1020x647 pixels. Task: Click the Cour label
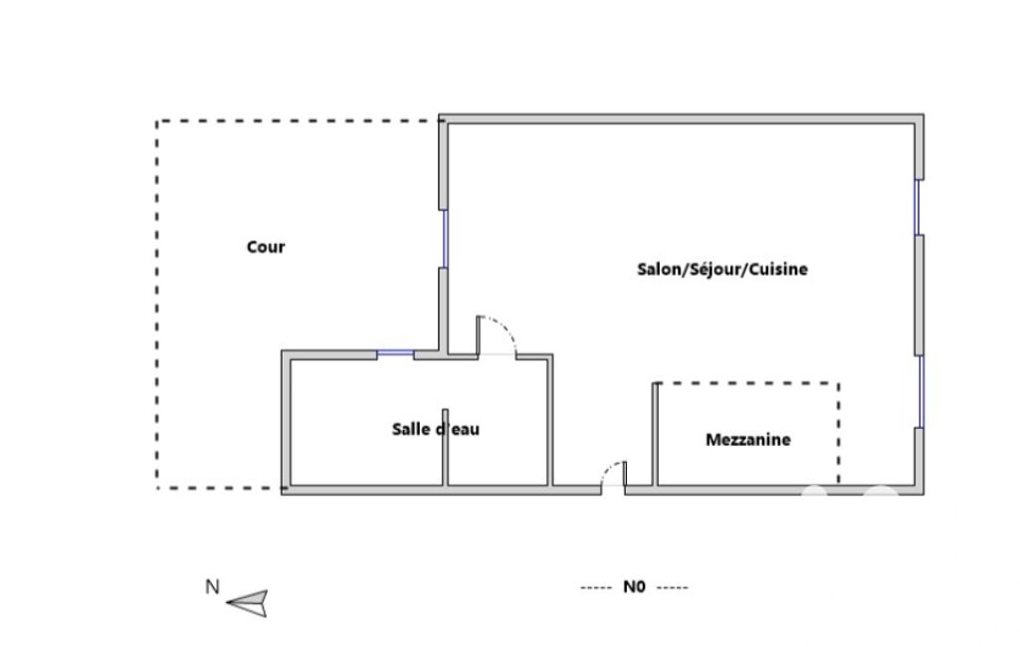pos(266,247)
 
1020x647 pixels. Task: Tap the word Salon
pos(658,269)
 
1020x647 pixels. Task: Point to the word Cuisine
pos(778,269)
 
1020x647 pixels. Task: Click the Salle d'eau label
pos(436,429)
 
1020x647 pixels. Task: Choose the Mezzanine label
pos(748,440)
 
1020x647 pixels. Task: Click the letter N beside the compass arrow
pos(212,587)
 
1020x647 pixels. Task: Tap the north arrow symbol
pos(247,603)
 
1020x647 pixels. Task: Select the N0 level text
pos(634,587)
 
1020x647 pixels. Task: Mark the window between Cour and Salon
pos(445,238)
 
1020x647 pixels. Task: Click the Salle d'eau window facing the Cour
pos(395,352)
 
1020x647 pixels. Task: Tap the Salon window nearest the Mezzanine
pos(919,391)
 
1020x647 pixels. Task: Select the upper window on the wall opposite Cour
pos(918,207)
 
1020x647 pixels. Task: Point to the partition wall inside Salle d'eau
pos(445,447)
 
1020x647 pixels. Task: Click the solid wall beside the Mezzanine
pos(655,434)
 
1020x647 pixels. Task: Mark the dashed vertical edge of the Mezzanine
pos(839,434)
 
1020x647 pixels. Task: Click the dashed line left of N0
pos(596,587)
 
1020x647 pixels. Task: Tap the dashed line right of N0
pos(673,587)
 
